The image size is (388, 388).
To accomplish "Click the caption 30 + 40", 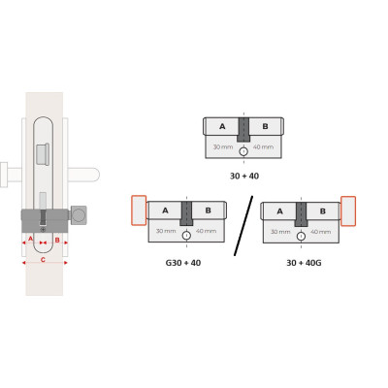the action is click(x=244, y=177).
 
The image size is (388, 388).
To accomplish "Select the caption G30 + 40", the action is click(x=183, y=263).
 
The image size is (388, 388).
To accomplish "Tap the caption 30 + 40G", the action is click(x=304, y=263).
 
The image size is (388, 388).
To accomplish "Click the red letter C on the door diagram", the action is click(x=43, y=260).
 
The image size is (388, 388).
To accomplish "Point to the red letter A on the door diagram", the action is click(x=31, y=239).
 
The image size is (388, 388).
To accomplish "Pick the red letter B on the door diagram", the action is click(x=57, y=240).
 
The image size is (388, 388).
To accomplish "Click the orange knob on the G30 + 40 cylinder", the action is click(x=139, y=210).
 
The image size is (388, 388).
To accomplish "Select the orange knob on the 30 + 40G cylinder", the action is click(x=348, y=210).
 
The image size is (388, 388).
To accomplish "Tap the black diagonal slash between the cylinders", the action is click(x=243, y=226).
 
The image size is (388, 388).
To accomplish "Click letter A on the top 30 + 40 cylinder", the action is click(x=222, y=126).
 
